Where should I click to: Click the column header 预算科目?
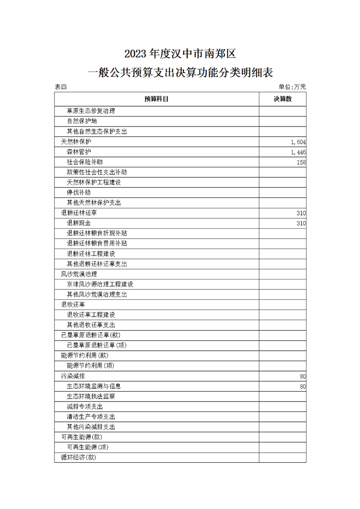coord(157,99)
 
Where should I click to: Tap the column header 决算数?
coord(282,99)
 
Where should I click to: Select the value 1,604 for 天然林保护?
coord(298,142)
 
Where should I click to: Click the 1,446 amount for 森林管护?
coord(298,152)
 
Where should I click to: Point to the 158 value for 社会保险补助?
coord(301,162)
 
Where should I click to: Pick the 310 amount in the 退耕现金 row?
coord(301,223)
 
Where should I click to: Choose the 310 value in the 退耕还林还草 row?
coord(301,213)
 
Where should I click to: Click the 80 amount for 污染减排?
coord(302,377)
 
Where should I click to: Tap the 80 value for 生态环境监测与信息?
coord(302,387)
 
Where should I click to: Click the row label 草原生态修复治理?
coord(91,111)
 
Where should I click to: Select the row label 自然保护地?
coord(82,122)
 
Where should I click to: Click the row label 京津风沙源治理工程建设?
coord(100,284)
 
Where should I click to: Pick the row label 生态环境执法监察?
coord(91,396)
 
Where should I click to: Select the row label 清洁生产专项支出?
coord(91,417)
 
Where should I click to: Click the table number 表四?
coord(60,87)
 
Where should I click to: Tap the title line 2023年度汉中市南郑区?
coord(181,54)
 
